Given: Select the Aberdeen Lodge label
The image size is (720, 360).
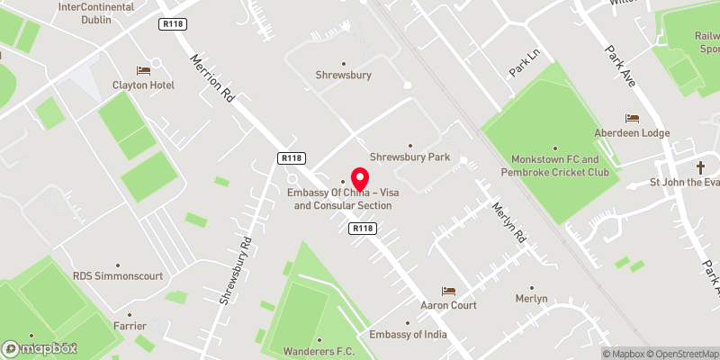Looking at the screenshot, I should [x=632, y=132].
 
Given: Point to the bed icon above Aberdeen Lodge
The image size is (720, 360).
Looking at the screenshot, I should [x=632, y=118].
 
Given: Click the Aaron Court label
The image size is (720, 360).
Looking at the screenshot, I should [x=448, y=305].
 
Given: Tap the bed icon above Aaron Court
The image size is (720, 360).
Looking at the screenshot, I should [x=448, y=291].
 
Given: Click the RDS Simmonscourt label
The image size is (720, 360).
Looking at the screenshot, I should [x=118, y=276].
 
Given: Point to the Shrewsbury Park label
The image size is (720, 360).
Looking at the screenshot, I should [x=409, y=157].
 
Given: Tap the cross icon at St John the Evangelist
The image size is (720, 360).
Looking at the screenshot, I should [x=701, y=168].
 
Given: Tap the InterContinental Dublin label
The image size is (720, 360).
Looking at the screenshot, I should [x=95, y=12].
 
